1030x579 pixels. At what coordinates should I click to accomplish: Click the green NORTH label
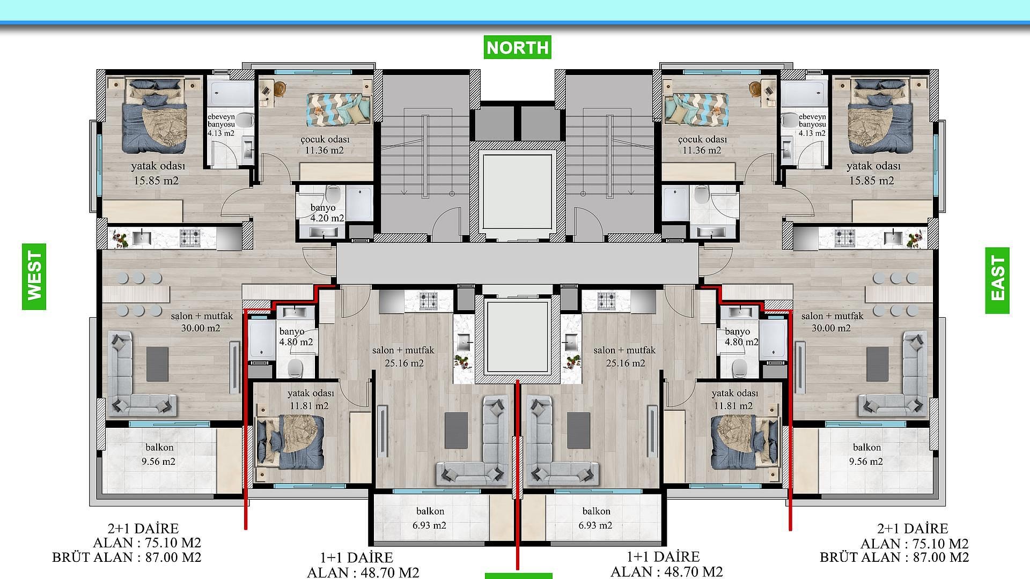[x=517, y=47]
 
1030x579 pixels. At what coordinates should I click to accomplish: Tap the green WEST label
[x=34, y=276]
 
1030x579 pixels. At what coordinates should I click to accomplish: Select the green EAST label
[x=997, y=280]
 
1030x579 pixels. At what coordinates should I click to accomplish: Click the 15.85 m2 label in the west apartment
[x=156, y=181]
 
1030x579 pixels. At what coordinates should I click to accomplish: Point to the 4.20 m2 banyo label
[x=327, y=218]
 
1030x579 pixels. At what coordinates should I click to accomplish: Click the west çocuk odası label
[x=325, y=139]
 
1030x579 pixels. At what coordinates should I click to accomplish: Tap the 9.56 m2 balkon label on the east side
[x=865, y=461]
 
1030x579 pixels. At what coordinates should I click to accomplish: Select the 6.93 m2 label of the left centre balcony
[x=429, y=525]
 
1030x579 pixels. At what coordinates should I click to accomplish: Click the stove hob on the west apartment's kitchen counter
[x=189, y=237]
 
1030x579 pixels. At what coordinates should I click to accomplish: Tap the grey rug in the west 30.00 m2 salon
[x=157, y=364]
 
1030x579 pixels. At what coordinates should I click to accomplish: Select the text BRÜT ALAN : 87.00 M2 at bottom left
[x=127, y=558]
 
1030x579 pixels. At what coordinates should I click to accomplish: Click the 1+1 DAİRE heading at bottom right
[x=663, y=556]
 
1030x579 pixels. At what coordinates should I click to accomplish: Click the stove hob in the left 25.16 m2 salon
[x=429, y=300]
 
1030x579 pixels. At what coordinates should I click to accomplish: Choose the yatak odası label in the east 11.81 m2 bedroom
[x=734, y=394]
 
